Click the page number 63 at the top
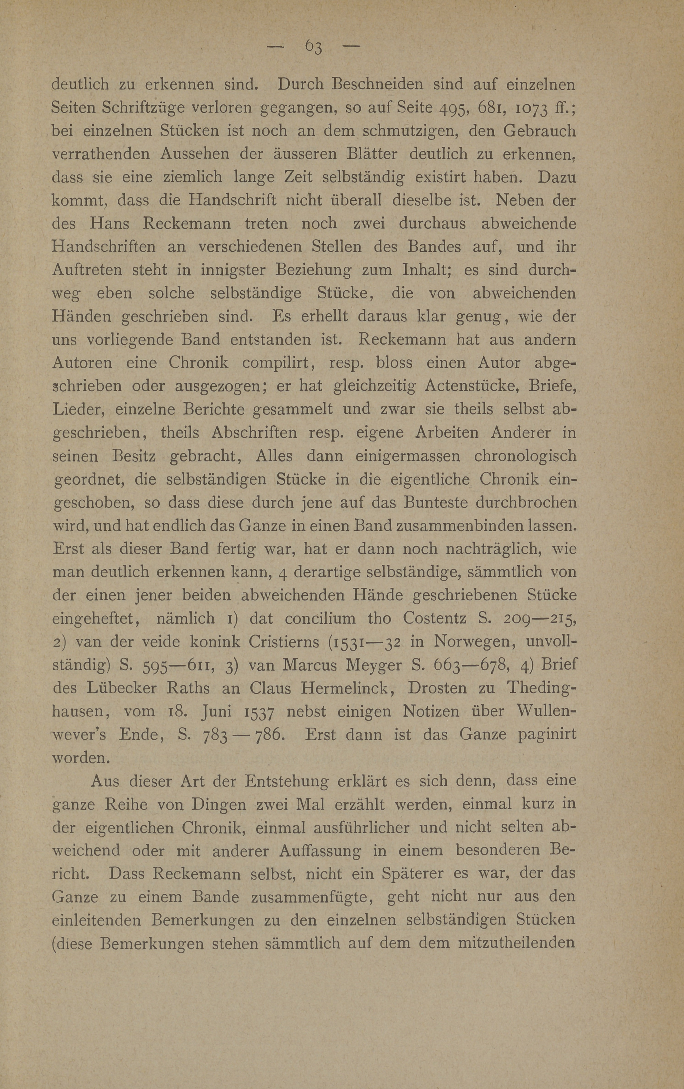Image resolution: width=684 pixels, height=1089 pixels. pos(313,46)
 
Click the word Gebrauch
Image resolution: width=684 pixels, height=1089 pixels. pos(539,131)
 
